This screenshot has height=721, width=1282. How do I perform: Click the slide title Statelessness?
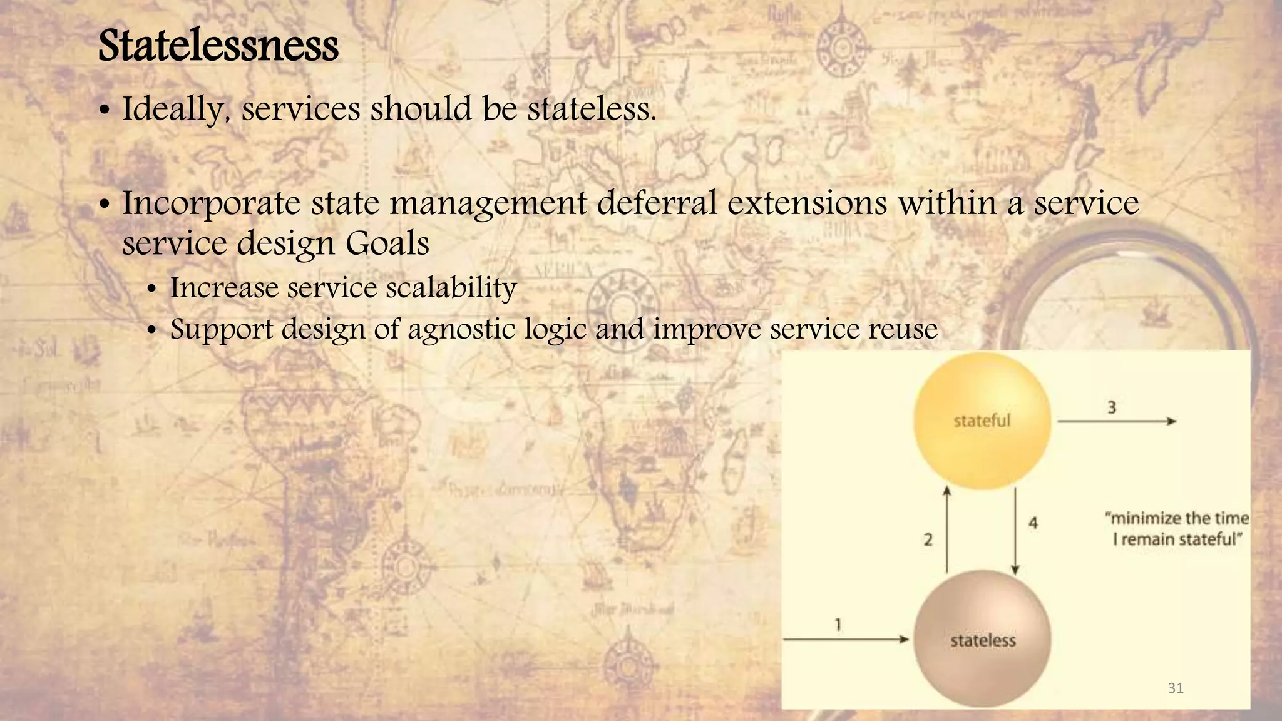[218, 46]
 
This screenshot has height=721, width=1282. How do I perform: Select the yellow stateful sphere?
[982, 421]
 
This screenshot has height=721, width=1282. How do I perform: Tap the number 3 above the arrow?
[1112, 407]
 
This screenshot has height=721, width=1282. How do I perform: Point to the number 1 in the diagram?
[838, 624]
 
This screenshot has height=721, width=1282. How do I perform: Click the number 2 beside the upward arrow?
[928, 539]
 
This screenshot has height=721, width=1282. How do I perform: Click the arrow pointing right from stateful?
[1117, 422]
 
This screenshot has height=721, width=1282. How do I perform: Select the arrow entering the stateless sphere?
[845, 639]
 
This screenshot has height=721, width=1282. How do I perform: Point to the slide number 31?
[1176, 688]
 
